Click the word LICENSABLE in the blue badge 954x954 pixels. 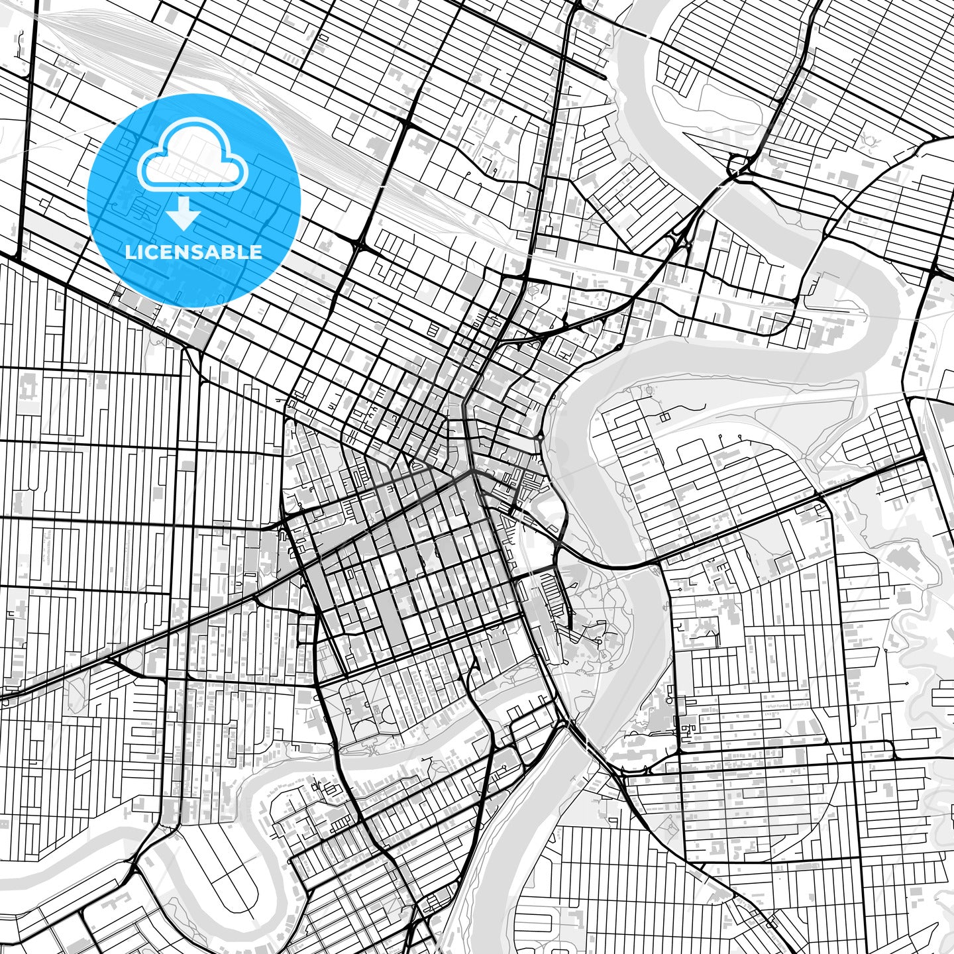[193, 252]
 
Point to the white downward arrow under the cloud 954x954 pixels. [184, 214]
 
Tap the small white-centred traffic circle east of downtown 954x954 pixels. [541, 438]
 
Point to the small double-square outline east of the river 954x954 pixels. [663, 417]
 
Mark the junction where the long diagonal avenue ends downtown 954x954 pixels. [472, 472]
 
